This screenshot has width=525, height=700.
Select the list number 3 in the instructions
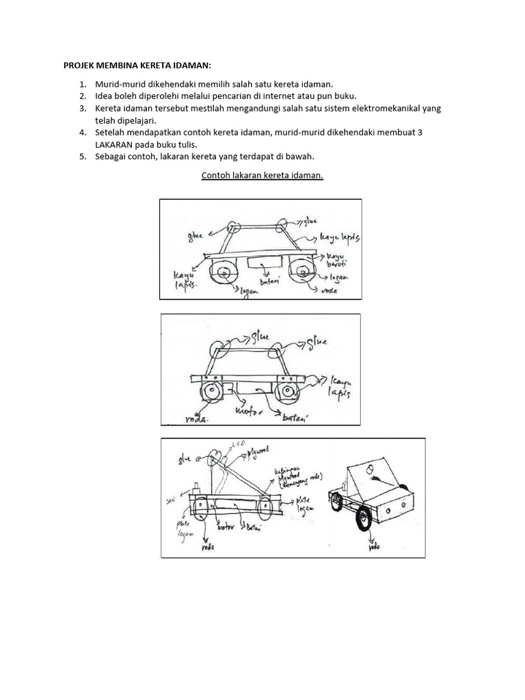[83, 108]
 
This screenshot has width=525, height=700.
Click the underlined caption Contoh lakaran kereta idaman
[262, 175]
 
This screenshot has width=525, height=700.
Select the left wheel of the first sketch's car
[224, 273]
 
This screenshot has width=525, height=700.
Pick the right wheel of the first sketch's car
[301, 272]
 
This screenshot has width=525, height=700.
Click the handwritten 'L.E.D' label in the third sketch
[239, 444]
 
